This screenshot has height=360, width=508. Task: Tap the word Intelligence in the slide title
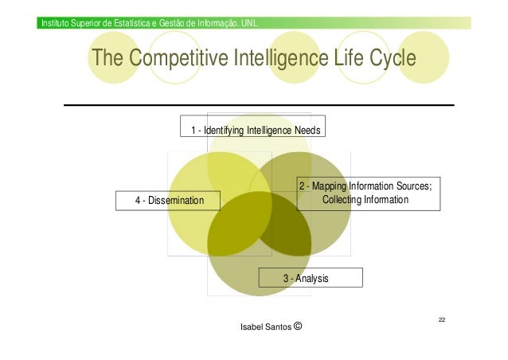coord(275,59)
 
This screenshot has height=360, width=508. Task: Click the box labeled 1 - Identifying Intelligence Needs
coord(253,129)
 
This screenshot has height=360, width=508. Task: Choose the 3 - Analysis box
coord(311,278)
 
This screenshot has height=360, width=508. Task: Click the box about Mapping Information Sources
coord(368,193)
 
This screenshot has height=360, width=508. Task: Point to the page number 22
coord(441,319)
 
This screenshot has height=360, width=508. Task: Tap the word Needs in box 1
coord(307,130)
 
